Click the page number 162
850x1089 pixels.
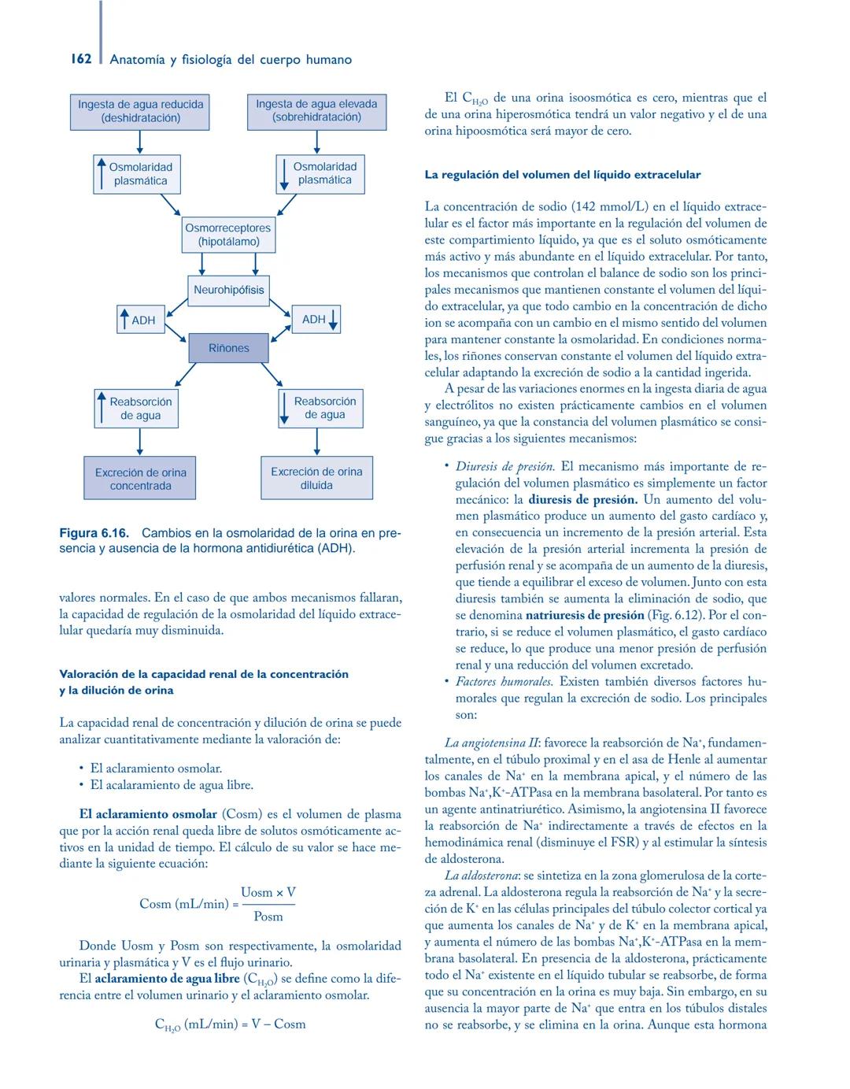[x=80, y=59]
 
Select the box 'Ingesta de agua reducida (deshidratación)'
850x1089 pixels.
[x=140, y=111]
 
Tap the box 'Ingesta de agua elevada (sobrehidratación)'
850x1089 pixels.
[x=316, y=111]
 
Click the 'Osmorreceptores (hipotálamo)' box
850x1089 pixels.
[x=228, y=235]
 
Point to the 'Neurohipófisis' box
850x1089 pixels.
[x=228, y=290]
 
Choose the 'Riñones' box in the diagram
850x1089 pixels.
[x=228, y=348]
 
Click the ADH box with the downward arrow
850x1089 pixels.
[x=316, y=319]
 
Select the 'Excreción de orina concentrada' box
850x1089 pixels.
[x=140, y=479]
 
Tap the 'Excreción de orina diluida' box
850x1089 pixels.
[x=316, y=478]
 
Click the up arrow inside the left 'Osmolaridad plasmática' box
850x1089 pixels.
[x=102, y=173]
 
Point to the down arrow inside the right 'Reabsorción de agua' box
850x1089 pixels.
[x=284, y=408]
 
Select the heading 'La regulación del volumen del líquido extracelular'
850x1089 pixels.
[x=562, y=175]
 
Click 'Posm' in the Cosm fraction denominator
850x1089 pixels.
[x=268, y=917]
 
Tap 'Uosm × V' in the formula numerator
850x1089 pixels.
[x=268, y=892]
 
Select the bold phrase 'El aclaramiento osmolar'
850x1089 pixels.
[x=148, y=814]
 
